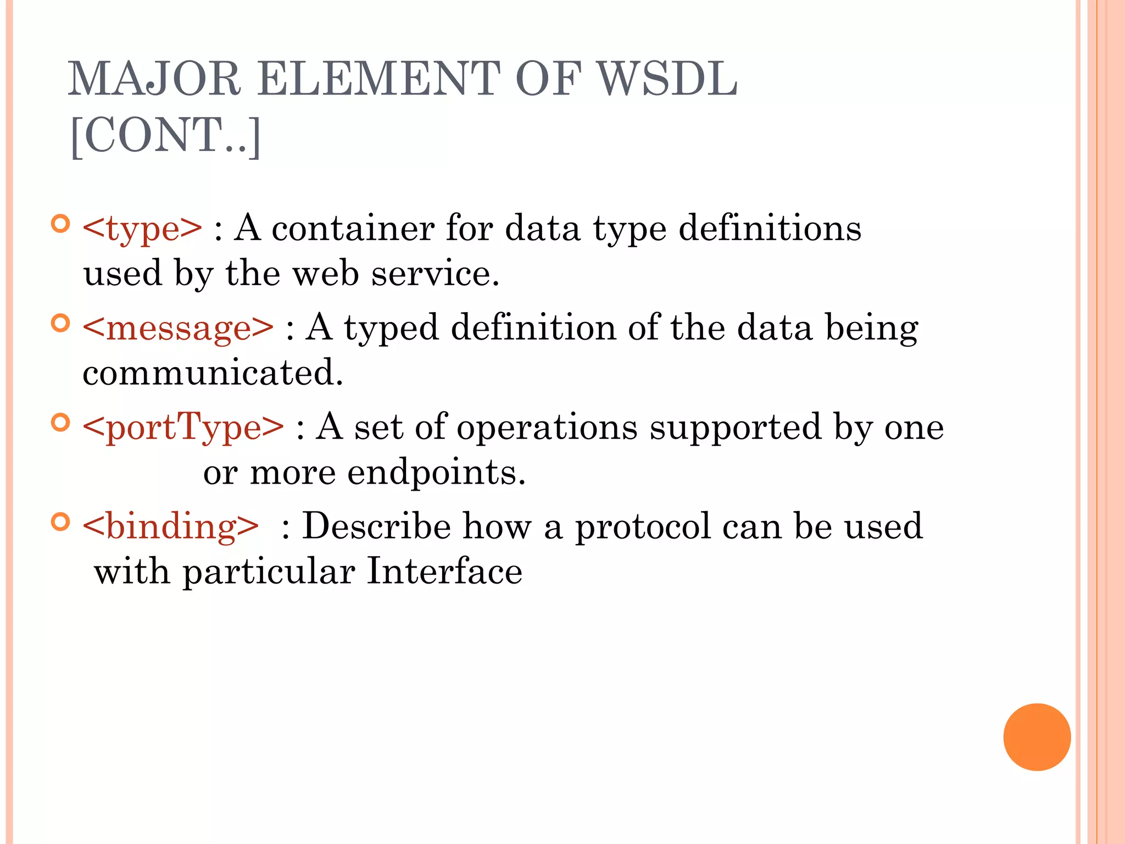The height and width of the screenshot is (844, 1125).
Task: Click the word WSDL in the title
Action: (x=667, y=80)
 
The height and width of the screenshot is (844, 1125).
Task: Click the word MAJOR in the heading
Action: (x=154, y=80)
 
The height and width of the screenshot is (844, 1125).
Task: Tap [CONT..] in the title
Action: (x=165, y=136)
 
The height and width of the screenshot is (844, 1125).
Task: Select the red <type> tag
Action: (x=142, y=229)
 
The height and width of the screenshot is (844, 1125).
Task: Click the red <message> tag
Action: (x=177, y=328)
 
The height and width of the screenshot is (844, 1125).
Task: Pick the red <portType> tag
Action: (x=183, y=427)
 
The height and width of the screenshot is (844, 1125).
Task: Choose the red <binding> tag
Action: (x=170, y=526)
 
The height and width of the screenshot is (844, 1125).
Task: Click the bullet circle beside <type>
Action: (x=60, y=224)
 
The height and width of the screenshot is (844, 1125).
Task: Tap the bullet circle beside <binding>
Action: (x=60, y=521)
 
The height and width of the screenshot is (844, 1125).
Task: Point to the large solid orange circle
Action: (x=1037, y=737)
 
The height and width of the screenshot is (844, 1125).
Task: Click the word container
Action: (x=353, y=229)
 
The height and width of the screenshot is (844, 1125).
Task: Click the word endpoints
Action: (x=436, y=473)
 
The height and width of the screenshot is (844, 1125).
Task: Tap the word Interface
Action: (x=444, y=571)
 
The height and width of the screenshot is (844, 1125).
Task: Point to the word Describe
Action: (x=376, y=526)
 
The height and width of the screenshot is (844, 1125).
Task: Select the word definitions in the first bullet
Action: (x=770, y=229)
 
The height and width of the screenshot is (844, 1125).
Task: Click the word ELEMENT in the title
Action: (x=378, y=80)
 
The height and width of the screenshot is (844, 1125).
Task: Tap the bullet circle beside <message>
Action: (x=60, y=323)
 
